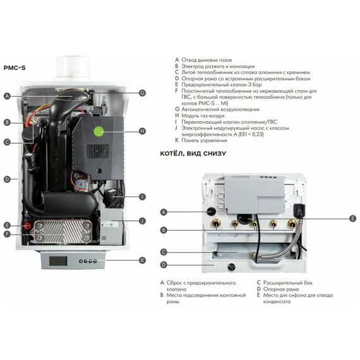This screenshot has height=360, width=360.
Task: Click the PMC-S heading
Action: tap(15, 68)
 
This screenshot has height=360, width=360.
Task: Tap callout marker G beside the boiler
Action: tap(142, 93)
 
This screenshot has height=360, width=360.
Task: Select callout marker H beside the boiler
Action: tap(142, 131)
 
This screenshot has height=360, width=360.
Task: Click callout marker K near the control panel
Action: tap(142, 260)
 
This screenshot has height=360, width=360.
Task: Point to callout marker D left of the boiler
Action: tap(7, 179)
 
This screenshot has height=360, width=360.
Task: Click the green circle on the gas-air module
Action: tap(99, 131)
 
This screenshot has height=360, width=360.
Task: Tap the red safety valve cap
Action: tap(27, 226)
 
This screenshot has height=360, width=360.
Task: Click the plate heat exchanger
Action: tap(61, 231)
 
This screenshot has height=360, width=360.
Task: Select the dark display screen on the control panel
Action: tap(58, 261)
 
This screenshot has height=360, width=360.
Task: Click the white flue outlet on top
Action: tap(73, 68)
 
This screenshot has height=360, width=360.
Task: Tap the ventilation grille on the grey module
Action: tap(97, 151)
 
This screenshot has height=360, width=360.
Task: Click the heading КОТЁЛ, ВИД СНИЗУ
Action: tap(193, 153)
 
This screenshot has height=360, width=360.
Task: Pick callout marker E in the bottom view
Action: tap(352, 219)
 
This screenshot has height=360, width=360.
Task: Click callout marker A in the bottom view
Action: tap(164, 212)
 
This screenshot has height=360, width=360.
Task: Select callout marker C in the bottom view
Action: tap(164, 252)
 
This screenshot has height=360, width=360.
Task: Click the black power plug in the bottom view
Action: tap(299, 210)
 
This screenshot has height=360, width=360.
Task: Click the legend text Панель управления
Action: tap(204, 140)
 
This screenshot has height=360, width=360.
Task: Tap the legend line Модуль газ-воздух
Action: tap(203, 116)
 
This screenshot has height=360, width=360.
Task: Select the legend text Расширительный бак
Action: tap(287, 283)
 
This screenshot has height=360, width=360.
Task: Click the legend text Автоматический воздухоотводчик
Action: tap(220, 109)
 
